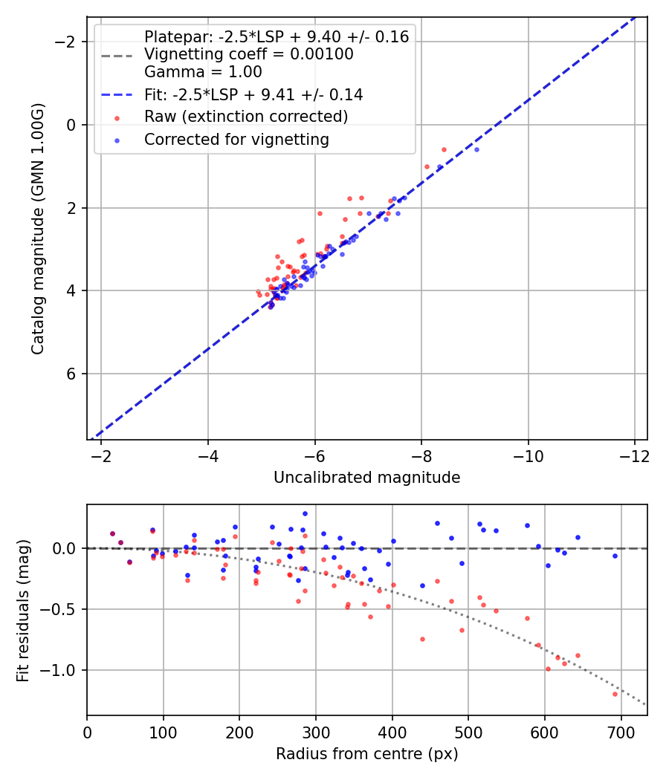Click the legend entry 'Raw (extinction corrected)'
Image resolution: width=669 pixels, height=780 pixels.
(x=246, y=117)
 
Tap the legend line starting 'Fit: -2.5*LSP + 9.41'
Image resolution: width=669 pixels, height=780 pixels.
(x=253, y=94)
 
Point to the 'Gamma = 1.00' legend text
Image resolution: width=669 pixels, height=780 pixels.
(x=203, y=72)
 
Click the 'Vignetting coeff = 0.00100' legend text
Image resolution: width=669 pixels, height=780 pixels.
(x=248, y=54)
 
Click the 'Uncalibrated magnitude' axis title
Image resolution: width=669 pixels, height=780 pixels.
(x=366, y=478)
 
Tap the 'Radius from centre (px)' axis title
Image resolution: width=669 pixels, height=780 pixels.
(x=366, y=754)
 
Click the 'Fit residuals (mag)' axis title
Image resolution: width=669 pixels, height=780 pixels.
(x=23, y=611)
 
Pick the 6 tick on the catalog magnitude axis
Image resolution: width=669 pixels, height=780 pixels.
(x=72, y=374)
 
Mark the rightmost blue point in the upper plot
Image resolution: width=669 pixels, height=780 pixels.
(x=476, y=149)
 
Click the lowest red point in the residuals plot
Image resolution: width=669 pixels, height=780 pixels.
(x=615, y=694)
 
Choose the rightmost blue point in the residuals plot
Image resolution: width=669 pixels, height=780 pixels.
(x=615, y=556)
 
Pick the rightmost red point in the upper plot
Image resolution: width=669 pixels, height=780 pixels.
(x=445, y=149)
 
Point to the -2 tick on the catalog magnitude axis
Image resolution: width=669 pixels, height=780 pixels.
(x=68, y=42)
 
